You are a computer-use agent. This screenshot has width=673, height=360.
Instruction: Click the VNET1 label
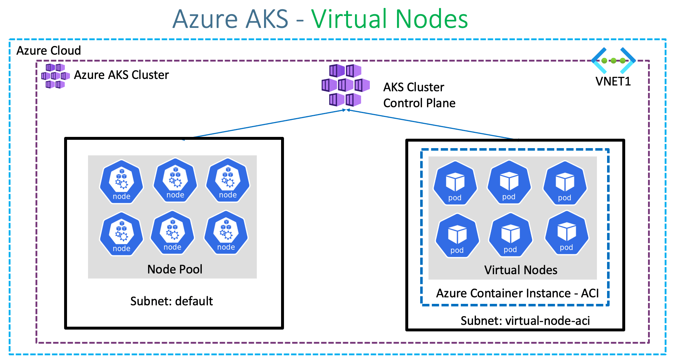613,81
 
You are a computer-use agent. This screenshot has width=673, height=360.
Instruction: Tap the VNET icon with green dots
613,60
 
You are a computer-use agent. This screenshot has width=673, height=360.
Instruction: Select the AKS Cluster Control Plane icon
346,85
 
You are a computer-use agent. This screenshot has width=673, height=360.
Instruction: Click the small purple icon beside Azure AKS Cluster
55,76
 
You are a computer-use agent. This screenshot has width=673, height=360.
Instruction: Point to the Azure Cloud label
49,50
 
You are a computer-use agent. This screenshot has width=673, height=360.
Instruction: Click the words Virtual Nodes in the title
389,19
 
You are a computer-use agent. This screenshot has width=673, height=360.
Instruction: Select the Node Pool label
175,269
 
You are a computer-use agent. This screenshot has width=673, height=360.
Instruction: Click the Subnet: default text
171,301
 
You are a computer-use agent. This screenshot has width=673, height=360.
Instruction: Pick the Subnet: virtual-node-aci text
525,321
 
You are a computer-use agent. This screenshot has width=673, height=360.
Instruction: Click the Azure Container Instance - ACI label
517,293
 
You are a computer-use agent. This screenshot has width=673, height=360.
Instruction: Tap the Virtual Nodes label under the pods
521,270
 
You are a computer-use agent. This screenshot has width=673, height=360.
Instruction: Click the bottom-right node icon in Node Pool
226,233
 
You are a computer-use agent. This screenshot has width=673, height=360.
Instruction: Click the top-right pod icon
565,183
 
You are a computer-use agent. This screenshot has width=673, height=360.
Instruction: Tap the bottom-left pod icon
457,236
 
